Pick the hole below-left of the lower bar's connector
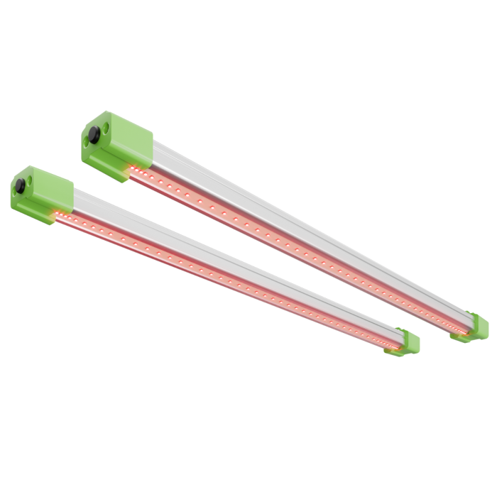click(x=15, y=200)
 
